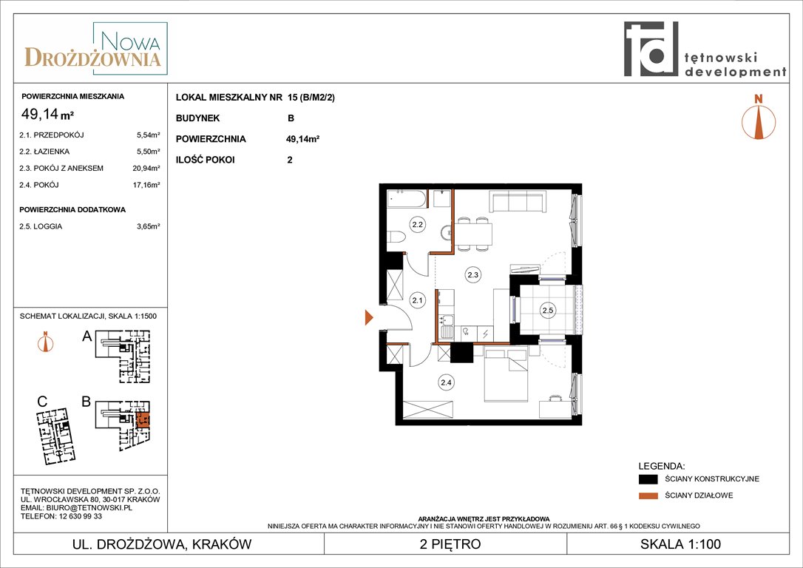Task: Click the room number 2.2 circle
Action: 417,224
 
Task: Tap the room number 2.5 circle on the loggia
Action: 547,310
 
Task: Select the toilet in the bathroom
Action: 396,237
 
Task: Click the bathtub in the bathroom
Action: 407,199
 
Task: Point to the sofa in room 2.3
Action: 518,201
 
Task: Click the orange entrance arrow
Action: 369,317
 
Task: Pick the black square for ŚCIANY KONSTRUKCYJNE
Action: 648,479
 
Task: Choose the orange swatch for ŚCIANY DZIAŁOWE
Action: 648,496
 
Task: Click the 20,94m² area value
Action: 146,168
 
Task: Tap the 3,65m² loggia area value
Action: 149,226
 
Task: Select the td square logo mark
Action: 651,49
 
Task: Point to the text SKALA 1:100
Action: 680,544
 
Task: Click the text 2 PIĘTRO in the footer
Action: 450,544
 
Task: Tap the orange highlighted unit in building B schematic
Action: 143,421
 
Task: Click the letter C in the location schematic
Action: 42,402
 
